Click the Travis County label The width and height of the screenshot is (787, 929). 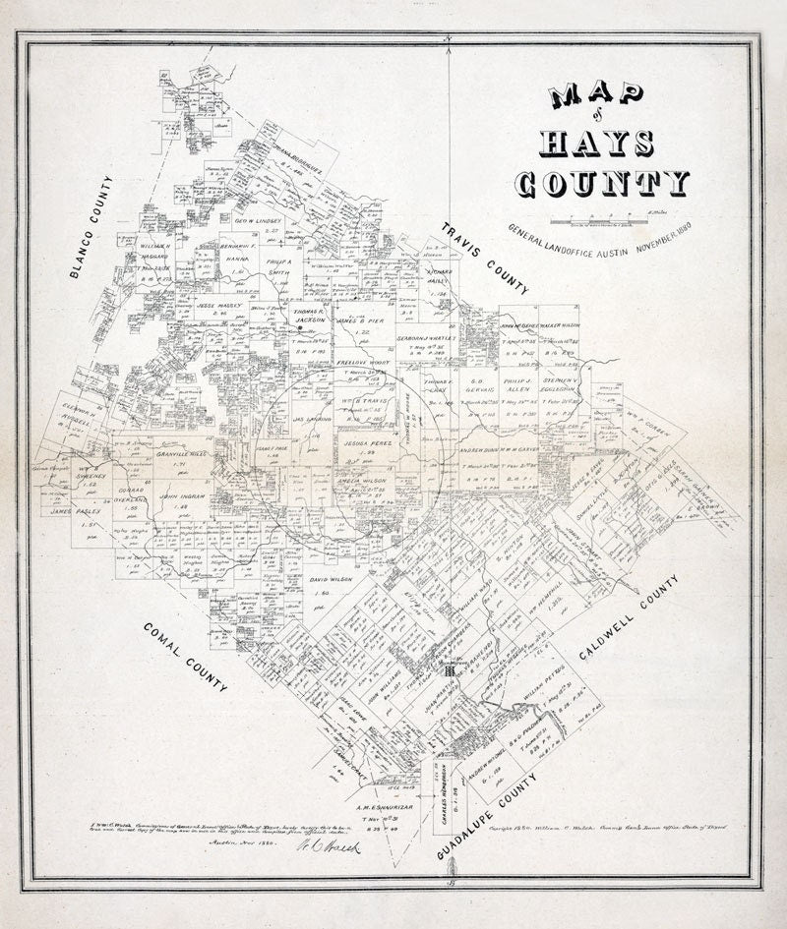point(485,259)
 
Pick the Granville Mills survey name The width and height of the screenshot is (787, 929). point(184,455)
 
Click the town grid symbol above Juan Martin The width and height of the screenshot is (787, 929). point(449,668)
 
